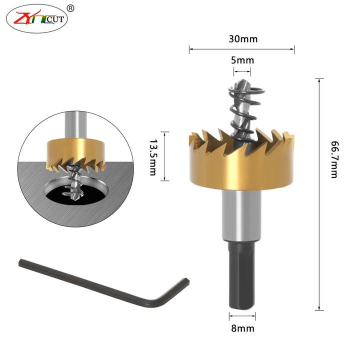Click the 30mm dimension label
coord(243,39)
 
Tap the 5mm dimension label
coord(242,60)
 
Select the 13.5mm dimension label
coord(153,157)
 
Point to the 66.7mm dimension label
coord(334,159)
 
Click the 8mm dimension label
coord(242,328)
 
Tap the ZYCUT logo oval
coord(36,19)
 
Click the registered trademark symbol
coord(70,8)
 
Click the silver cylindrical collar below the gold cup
coord(241,215)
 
